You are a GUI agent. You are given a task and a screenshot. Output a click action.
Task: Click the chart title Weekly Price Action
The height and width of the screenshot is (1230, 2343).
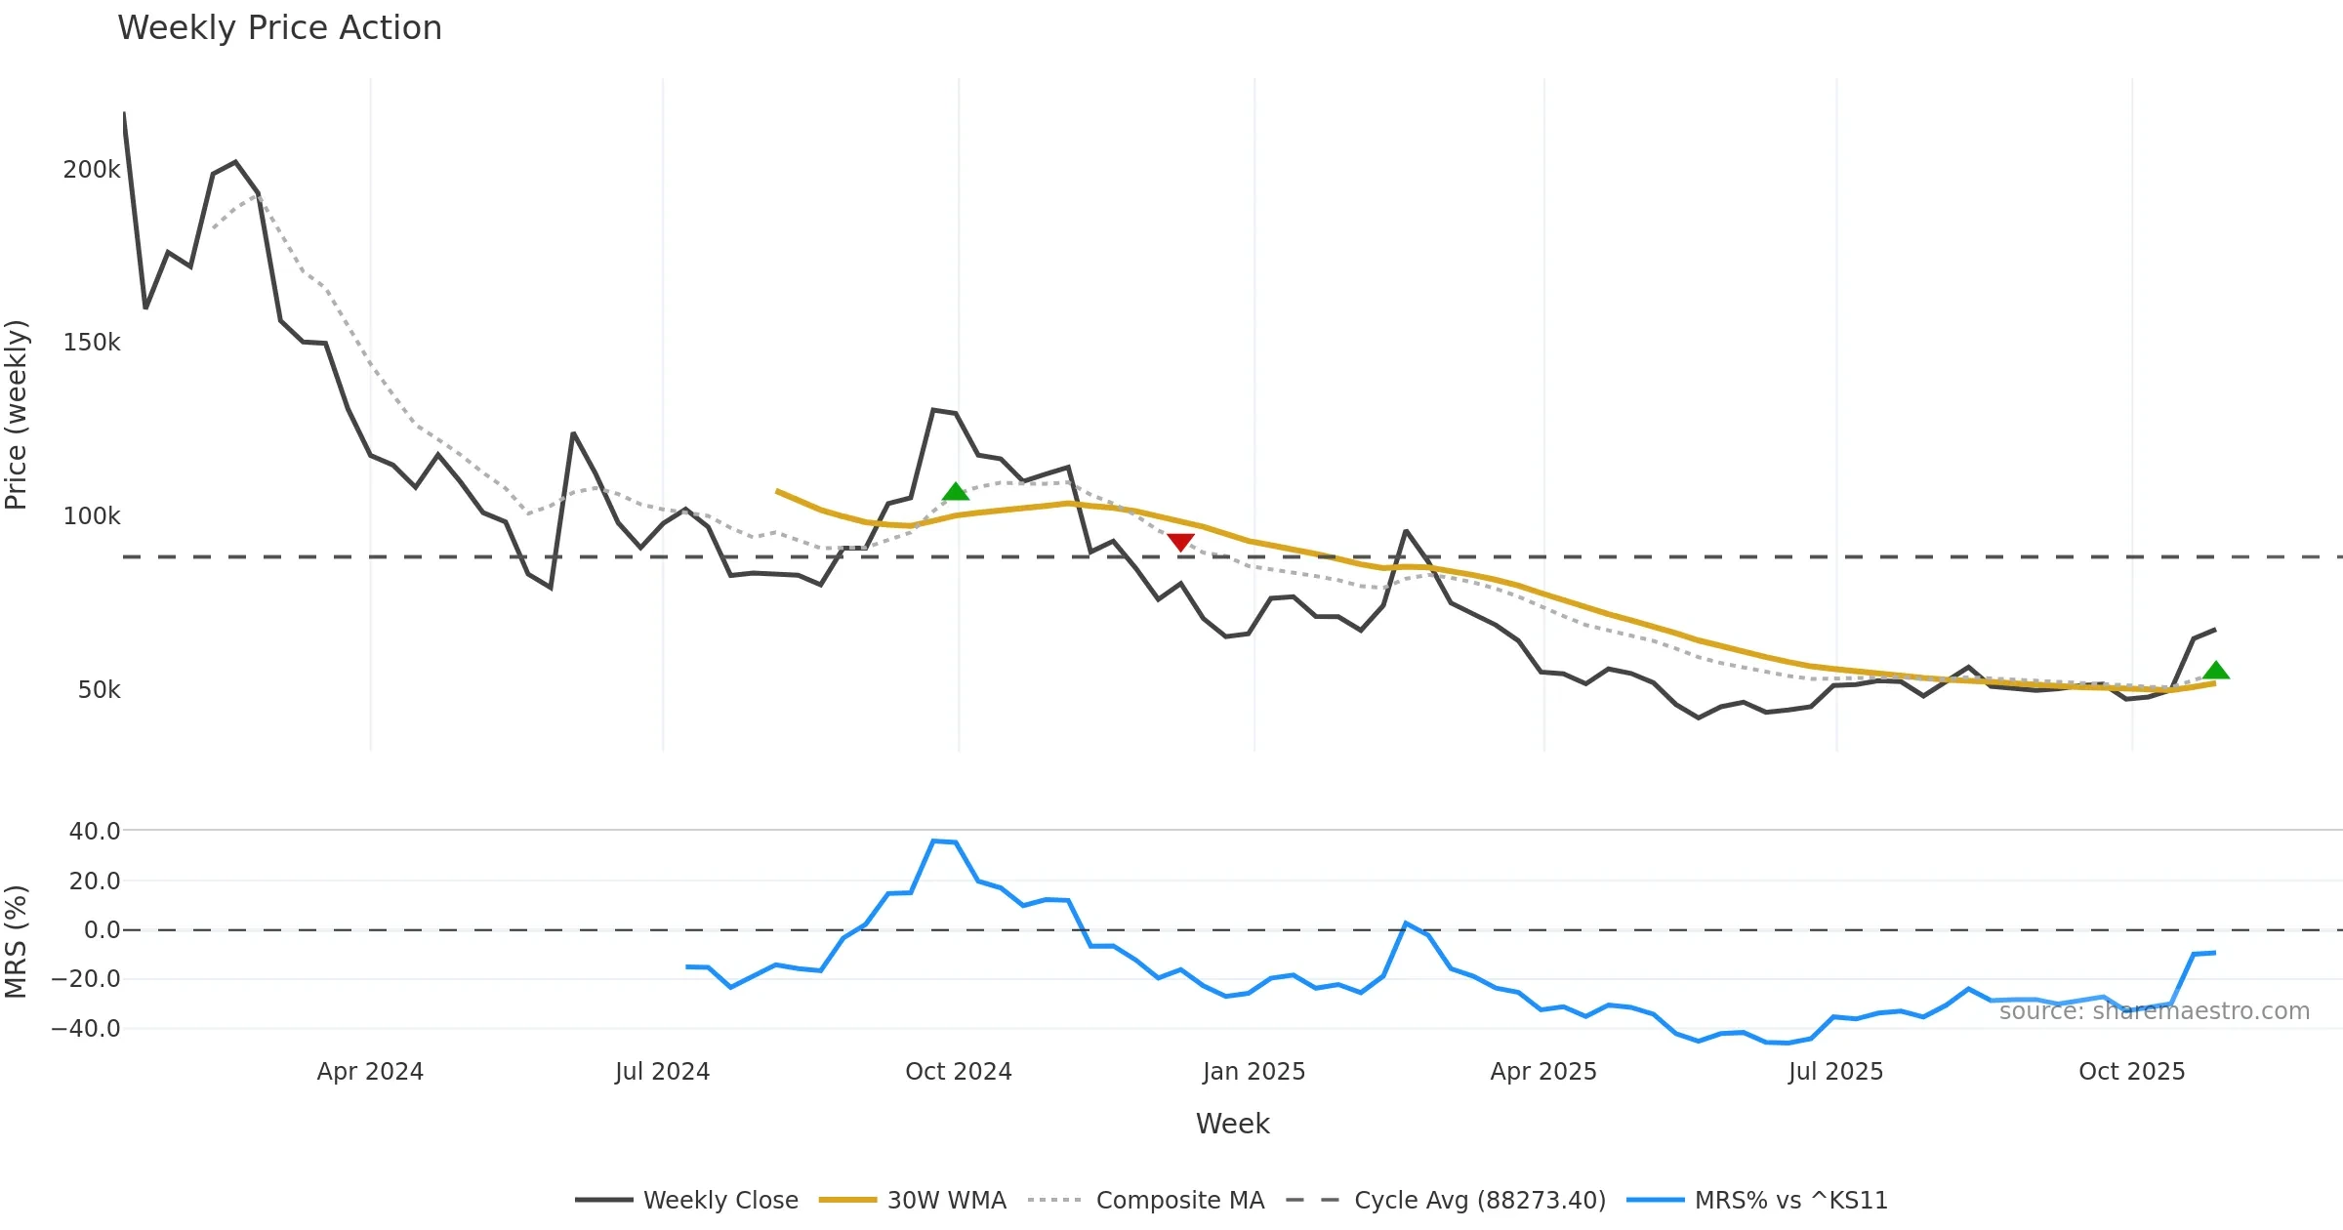279,28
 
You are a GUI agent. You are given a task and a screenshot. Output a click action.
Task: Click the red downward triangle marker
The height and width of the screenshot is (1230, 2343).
1180,542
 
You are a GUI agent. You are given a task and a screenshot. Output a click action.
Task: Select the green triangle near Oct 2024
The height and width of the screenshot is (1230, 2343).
956,492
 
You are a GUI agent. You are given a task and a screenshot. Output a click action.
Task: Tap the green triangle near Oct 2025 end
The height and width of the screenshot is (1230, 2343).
2216,671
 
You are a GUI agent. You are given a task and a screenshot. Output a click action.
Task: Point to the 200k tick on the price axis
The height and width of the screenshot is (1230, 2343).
92,170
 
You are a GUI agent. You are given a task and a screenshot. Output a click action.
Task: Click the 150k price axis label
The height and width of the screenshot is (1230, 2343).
92,343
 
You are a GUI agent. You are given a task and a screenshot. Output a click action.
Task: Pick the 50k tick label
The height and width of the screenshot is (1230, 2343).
99,690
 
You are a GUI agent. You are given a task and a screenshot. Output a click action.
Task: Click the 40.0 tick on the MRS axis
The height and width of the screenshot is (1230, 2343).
95,832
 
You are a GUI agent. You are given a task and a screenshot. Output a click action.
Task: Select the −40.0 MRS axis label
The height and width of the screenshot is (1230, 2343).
86,1029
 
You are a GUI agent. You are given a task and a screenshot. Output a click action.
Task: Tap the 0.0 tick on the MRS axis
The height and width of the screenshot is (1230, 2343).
102,930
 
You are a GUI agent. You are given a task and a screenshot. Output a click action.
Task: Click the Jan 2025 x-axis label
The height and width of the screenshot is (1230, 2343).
1254,1072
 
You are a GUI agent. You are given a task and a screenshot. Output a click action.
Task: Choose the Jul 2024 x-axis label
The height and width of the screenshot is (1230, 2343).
662,1072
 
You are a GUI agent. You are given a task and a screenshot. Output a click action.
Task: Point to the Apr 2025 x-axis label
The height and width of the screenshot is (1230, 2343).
1542,1072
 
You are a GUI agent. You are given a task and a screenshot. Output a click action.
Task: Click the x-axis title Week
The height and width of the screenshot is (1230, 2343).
1232,1125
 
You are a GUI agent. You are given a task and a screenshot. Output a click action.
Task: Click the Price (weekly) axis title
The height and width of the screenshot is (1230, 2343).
17,415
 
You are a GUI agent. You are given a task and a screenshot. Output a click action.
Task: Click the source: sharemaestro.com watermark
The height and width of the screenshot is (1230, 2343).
2154,1011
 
